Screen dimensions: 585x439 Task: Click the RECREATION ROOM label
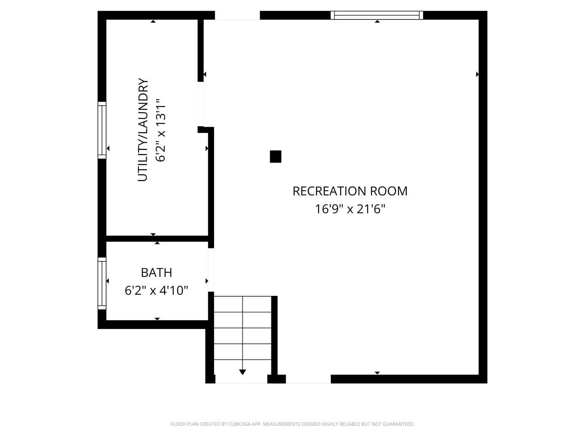350,191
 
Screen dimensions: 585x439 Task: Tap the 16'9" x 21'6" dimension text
350,209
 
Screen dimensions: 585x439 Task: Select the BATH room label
156,272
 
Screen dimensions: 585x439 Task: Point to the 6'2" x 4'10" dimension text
156,290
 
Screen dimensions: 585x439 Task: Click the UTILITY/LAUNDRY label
143,130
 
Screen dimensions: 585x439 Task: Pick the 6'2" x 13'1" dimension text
160,130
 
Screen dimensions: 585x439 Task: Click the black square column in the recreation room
275,156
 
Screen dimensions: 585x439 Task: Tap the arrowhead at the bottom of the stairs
243,372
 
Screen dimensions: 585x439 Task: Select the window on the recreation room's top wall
377,15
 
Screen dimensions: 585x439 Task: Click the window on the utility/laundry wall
102,130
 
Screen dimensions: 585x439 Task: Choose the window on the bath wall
102,283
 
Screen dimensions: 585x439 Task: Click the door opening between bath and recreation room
211,270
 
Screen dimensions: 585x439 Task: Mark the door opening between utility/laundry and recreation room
200,104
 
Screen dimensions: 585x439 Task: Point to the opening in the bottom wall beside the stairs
308,379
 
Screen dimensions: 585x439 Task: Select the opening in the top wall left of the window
238,15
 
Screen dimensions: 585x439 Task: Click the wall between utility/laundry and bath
157,239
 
